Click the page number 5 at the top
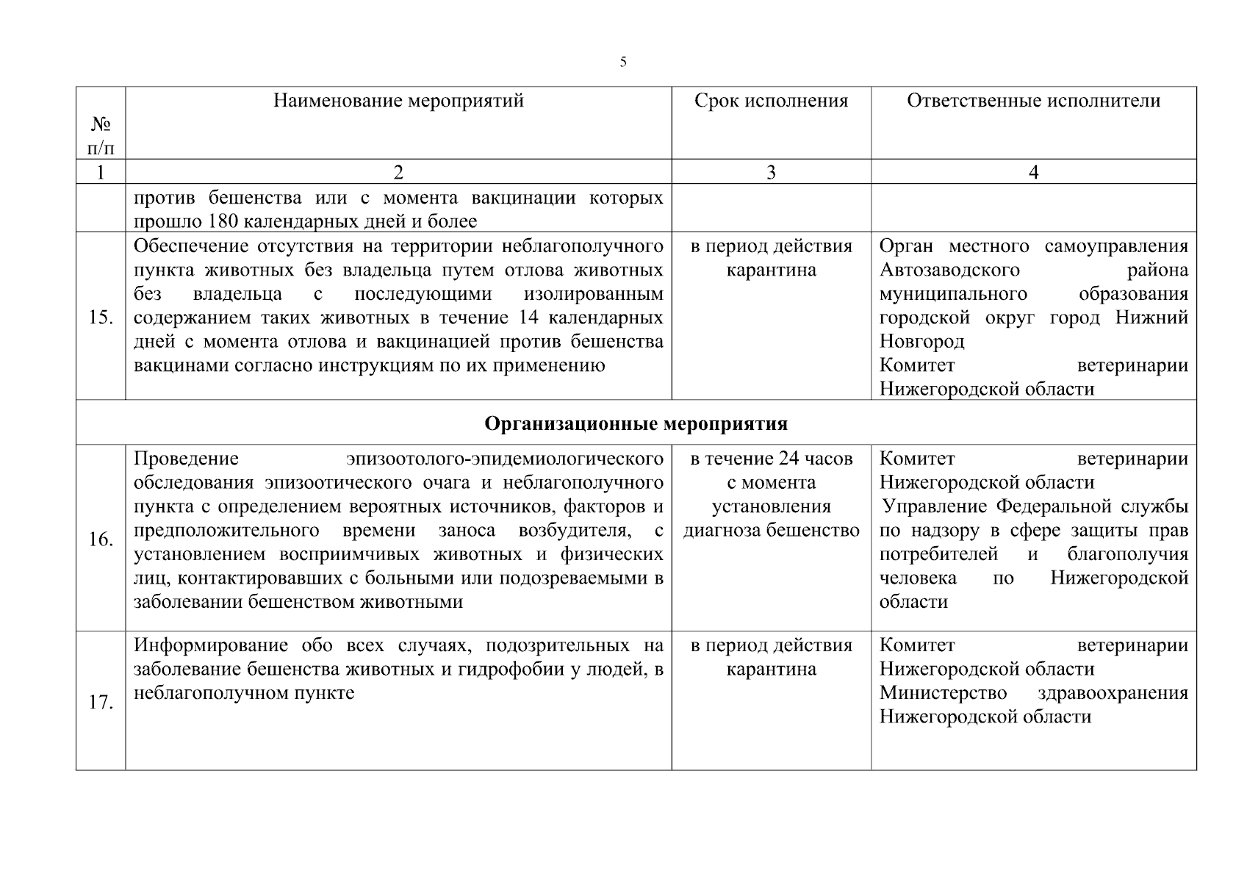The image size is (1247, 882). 623,62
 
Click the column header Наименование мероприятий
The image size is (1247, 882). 398,101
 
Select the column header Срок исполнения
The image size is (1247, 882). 771,101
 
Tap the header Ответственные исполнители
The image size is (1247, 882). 1033,101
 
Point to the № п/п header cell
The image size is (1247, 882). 101,137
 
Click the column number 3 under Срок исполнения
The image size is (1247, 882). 771,173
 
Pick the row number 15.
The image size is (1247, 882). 101,318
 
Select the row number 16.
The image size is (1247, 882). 101,539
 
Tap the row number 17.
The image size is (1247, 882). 101,702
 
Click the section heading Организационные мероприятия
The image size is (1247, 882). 636,424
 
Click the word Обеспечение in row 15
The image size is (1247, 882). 191,246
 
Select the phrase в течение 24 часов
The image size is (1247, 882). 771,459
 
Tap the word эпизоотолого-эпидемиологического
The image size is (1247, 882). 505,459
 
